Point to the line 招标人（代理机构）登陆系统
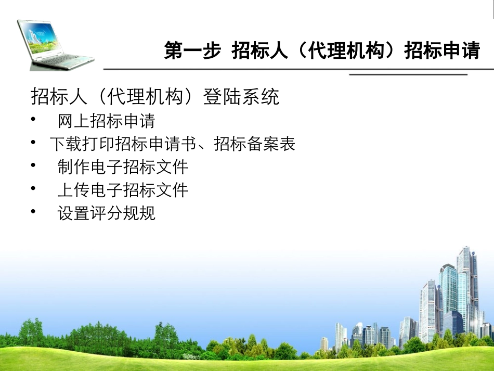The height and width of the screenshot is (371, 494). coord(155,97)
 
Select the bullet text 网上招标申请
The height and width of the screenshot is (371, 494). coord(106,121)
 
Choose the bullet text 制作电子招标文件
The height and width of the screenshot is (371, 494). coord(123,167)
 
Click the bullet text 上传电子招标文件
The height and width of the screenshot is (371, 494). coord(123,190)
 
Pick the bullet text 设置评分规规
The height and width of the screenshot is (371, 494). coord(106,213)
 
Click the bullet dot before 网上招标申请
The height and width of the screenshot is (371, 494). coord(34,120)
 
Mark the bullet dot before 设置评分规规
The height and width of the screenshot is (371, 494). coord(34,211)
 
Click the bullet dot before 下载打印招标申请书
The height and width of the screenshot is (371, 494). coord(34,143)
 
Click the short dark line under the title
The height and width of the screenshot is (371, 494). coord(408,75)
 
